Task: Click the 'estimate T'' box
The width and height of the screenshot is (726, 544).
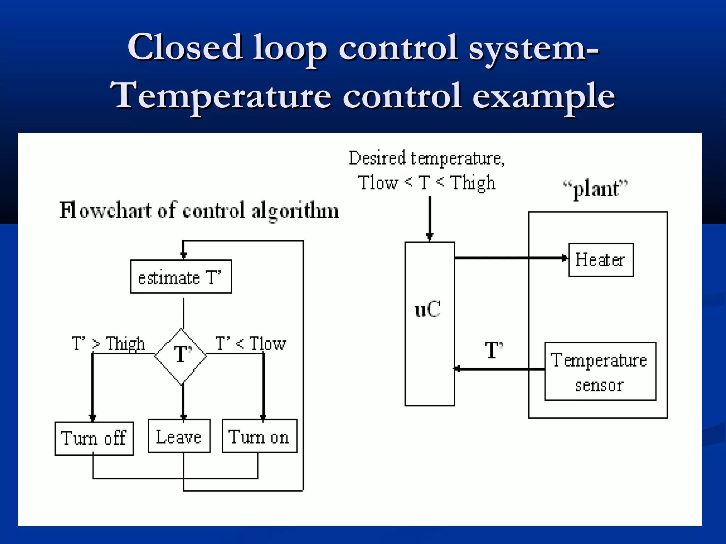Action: pyautogui.click(x=181, y=277)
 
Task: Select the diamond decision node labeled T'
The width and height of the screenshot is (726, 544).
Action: pyautogui.click(x=181, y=356)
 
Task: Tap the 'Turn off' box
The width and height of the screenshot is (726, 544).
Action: pyautogui.click(x=94, y=438)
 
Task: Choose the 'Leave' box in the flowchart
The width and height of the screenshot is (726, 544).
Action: pyautogui.click(x=179, y=436)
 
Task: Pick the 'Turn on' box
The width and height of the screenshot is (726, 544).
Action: pyautogui.click(x=259, y=436)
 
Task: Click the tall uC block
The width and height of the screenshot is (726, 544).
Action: pyautogui.click(x=430, y=324)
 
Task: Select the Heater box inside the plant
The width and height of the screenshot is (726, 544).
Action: pyautogui.click(x=601, y=260)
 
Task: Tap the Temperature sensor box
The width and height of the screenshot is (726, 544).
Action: pyautogui.click(x=600, y=371)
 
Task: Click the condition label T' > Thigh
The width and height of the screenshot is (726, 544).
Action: pyautogui.click(x=108, y=344)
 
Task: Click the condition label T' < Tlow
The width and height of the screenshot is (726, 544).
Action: pyautogui.click(x=251, y=344)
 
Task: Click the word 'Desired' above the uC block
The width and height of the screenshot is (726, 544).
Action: pyautogui.click(x=377, y=158)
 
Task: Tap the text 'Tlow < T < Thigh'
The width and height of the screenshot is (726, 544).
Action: pyautogui.click(x=426, y=183)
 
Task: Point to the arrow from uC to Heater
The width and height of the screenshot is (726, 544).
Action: pyautogui.click(x=510, y=258)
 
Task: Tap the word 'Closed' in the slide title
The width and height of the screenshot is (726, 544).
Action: pyautogui.click(x=185, y=47)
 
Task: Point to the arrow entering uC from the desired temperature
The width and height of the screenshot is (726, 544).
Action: pyautogui.click(x=430, y=218)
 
